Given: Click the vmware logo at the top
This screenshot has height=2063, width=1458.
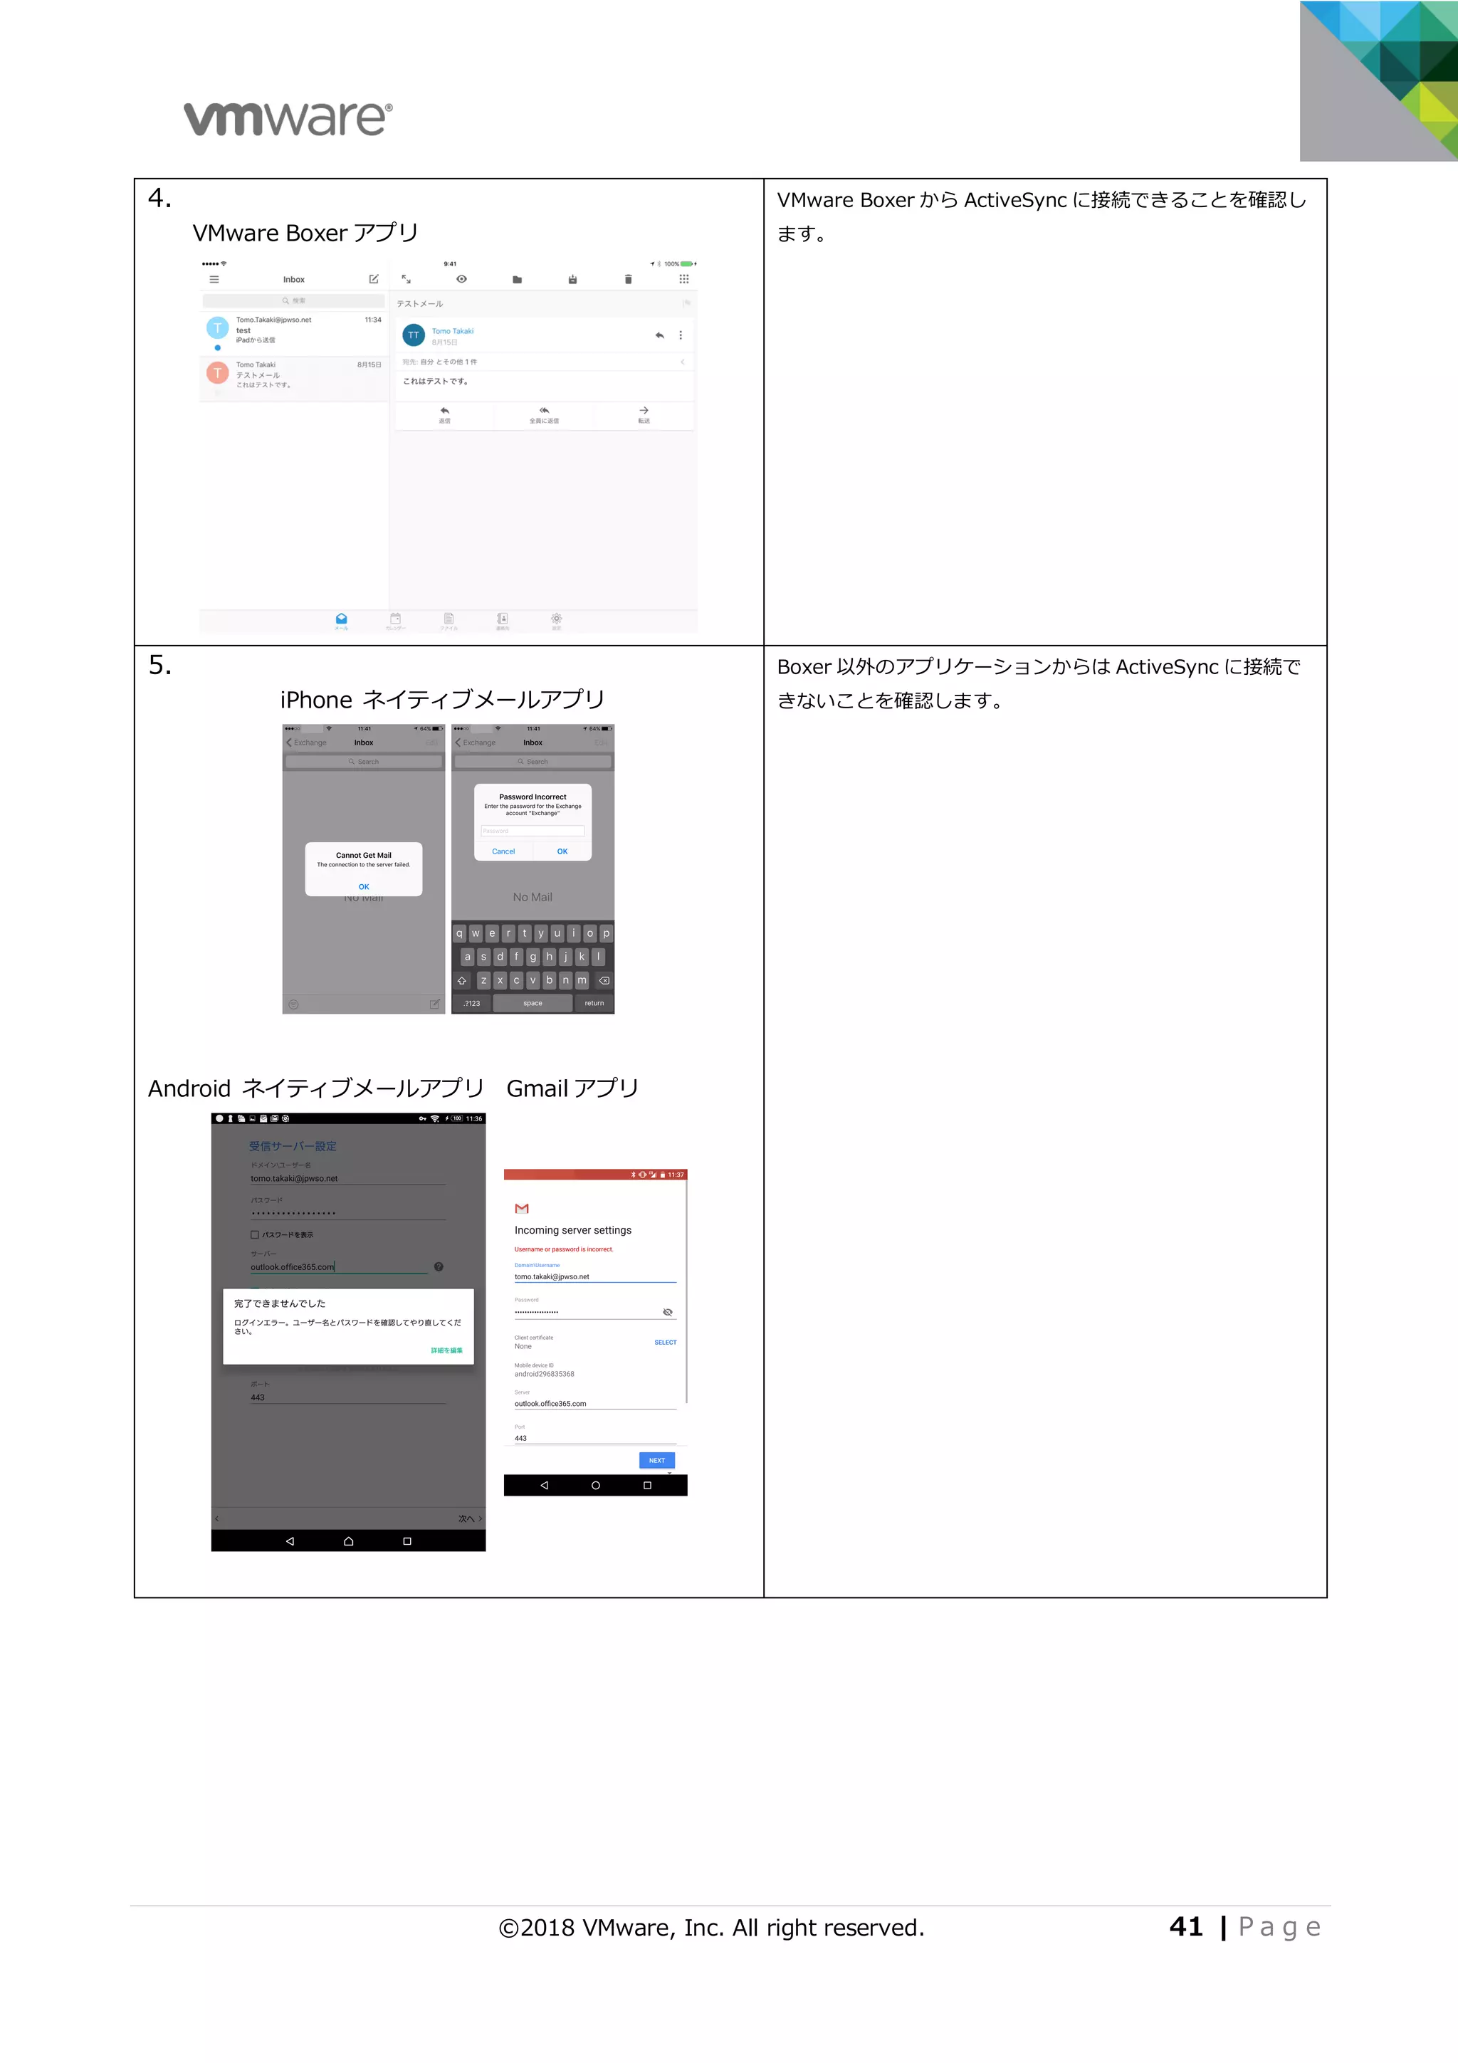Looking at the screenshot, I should (x=288, y=119).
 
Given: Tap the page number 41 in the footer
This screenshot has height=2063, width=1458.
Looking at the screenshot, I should (x=1186, y=1926).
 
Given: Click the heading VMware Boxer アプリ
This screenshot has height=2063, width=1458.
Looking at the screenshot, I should (x=305, y=233).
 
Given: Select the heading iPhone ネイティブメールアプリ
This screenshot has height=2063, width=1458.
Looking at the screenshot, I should (x=442, y=700).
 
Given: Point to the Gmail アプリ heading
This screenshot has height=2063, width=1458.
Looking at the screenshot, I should (x=572, y=1089).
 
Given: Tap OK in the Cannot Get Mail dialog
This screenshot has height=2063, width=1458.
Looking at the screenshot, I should (x=364, y=887).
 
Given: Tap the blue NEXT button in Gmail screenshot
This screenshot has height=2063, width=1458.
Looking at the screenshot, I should (x=656, y=1460).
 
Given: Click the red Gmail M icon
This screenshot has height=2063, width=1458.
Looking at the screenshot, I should (x=522, y=1209).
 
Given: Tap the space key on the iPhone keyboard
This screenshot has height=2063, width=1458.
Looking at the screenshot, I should (x=533, y=1004).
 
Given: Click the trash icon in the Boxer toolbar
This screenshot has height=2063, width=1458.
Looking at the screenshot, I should (x=628, y=280).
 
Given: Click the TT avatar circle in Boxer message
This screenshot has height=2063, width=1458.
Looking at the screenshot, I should (x=413, y=335).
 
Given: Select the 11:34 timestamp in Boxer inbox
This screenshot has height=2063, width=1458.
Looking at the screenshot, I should (x=373, y=320).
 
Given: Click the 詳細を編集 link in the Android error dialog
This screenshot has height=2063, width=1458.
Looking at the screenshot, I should (x=446, y=1350).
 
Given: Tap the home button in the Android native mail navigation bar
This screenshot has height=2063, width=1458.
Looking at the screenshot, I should (x=349, y=1541).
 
